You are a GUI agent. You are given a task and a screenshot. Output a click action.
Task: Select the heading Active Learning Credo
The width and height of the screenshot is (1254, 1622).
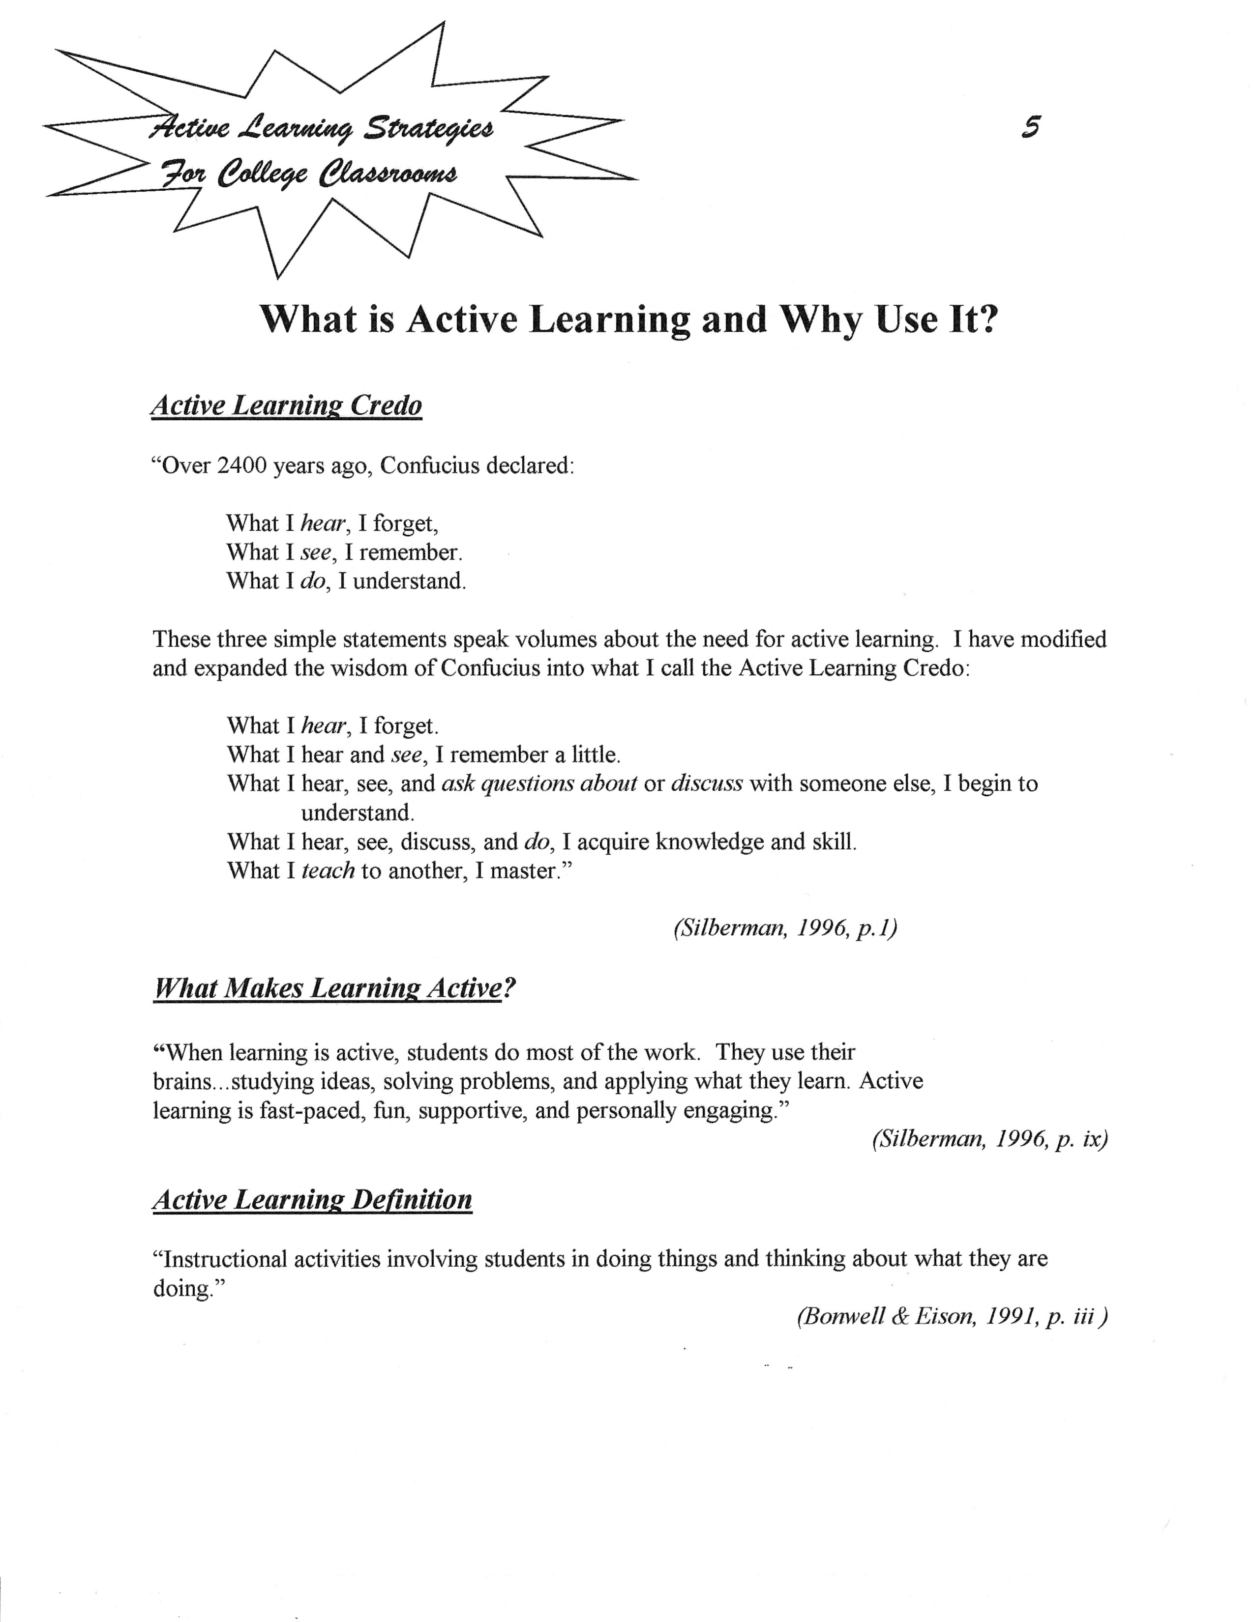pyautogui.click(x=287, y=405)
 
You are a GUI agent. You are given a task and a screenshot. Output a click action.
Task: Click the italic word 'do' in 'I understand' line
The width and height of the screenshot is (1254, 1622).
pyautogui.click(x=313, y=581)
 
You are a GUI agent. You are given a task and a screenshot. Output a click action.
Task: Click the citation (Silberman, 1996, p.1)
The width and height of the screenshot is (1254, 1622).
pyautogui.click(x=785, y=928)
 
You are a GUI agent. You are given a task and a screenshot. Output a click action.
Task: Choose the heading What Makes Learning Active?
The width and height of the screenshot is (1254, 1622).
pyautogui.click(x=334, y=988)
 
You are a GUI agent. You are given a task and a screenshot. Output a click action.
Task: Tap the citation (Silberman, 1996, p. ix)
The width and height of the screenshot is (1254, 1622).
pyautogui.click(x=989, y=1139)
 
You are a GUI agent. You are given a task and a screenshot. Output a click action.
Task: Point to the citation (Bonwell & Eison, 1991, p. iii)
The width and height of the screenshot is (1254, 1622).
pyautogui.click(x=952, y=1317)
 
